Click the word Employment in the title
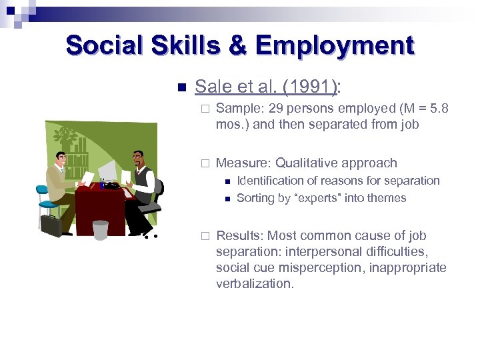pos(335,45)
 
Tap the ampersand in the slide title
pos(237,45)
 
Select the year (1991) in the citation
pos(309,87)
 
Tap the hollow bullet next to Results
pos(205,236)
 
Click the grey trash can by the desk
pos(100,229)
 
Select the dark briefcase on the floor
pos(51,225)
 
